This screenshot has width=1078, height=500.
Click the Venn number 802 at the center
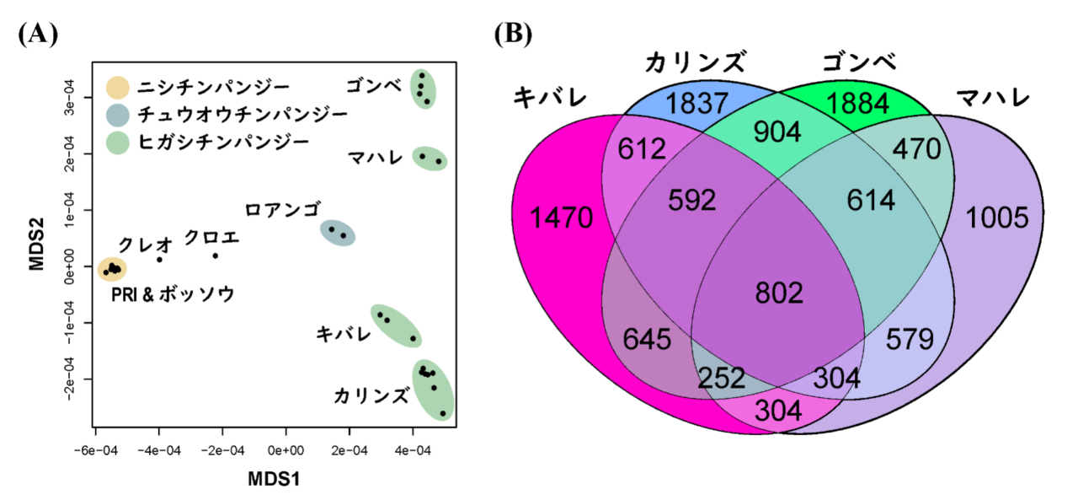pos(779,293)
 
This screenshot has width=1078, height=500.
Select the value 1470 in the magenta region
pos(561,218)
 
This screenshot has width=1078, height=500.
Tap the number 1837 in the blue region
pos(696,104)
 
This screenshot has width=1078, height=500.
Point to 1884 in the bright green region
pos(857,104)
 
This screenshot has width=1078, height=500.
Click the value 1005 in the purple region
pos(997,218)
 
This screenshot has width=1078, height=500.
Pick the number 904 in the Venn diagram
pos(777,132)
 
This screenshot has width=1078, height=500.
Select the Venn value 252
pos(722,378)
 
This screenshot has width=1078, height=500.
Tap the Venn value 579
pos(910,339)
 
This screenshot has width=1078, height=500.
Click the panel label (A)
pos(38,35)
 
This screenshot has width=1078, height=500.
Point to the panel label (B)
pos(513,35)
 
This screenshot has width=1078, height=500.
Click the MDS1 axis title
pos(274,479)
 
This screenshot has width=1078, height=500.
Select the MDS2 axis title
pos(36,245)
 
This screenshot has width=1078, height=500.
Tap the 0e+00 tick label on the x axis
pos(286,451)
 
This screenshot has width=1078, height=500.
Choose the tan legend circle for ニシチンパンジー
pos(117,88)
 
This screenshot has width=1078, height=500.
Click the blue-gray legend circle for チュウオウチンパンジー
pos(117,116)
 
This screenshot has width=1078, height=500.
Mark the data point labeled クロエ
pos(215,255)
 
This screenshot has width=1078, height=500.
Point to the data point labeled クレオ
pos(159,260)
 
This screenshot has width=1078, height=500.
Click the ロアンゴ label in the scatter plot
pos(283,210)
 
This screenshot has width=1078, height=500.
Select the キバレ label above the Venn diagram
pos(550,97)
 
